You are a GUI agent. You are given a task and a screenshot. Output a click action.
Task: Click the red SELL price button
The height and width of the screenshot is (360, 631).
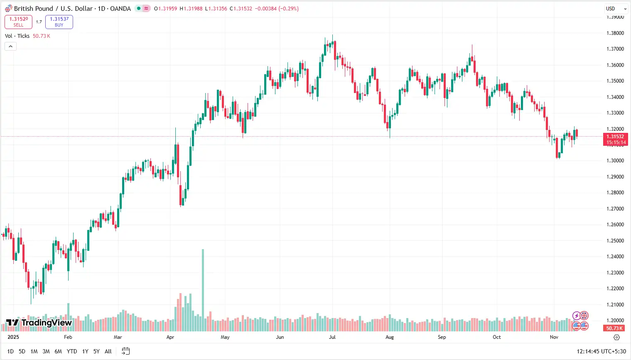point(18,22)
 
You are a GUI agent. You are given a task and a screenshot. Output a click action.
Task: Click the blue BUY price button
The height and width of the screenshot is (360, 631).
point(59,22)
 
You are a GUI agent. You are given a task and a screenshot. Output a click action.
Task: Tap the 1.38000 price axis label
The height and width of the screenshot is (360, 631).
point(615,33)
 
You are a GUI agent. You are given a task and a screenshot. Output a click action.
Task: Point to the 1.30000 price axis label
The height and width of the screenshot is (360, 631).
point(615,161)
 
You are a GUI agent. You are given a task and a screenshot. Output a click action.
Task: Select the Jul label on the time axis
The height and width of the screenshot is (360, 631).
point(332,337)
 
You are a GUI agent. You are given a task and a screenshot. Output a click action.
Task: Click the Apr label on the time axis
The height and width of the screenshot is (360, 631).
point(170,337)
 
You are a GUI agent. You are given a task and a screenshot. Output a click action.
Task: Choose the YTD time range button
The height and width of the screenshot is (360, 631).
point(72,351)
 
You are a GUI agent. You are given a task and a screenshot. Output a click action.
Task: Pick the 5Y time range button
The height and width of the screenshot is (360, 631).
point(96,351)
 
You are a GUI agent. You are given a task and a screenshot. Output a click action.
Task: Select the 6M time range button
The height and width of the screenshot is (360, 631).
point(58,351)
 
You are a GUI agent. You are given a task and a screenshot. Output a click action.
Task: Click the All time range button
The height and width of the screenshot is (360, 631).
point(108,351)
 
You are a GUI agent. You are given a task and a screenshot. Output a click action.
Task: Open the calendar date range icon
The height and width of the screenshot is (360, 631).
point(125,351)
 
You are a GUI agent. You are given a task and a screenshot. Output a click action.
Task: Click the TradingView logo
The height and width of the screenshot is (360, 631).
point(39,323)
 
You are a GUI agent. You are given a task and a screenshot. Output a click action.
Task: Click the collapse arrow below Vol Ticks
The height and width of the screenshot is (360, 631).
point(10,46)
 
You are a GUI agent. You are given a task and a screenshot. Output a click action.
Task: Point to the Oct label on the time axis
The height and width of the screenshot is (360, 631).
point(497,337)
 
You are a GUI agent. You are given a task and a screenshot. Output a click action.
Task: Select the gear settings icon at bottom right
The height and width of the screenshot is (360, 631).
point(617,337)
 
